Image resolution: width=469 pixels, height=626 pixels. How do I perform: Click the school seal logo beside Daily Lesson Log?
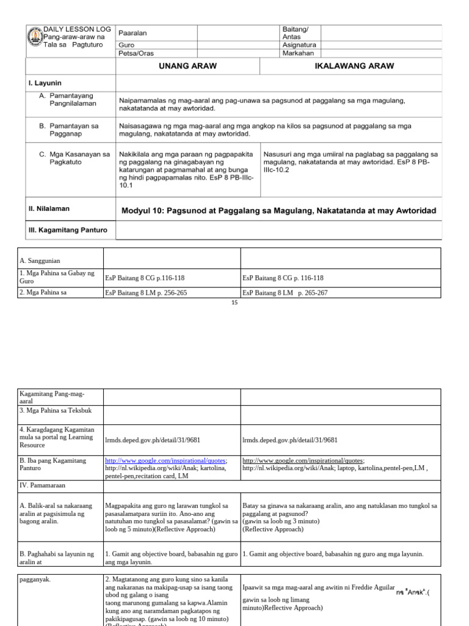35,38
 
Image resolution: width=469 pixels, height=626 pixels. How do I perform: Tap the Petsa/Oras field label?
136,53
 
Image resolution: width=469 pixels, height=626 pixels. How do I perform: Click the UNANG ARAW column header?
188,66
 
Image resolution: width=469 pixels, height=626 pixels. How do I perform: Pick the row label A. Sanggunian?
40,260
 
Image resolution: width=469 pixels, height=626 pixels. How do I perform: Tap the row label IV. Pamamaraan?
43,485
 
